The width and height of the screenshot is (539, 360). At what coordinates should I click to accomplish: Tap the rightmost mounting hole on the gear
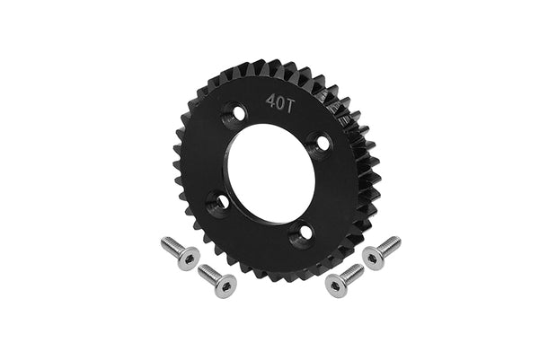point(316,141)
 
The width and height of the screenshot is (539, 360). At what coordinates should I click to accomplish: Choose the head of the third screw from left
point(335,284)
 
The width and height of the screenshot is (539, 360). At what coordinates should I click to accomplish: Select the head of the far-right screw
point(373,257)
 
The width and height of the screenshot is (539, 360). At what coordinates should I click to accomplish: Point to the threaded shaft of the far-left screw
point(171,244)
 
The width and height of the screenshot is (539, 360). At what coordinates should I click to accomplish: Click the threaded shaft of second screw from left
point(208,272)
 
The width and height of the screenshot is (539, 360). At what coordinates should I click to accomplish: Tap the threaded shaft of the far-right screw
point(391,243)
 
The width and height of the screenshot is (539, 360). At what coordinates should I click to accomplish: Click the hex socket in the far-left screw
point(189,258)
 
